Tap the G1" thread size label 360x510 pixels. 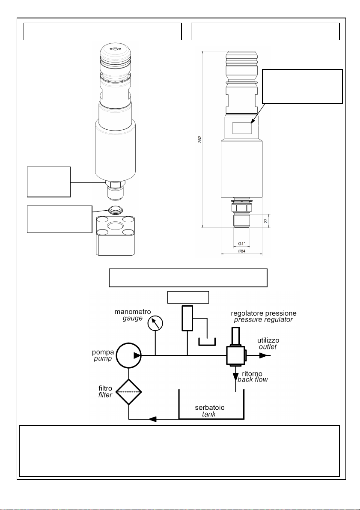click(x=242, y=244)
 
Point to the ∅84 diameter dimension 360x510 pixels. click(x=242, y=251)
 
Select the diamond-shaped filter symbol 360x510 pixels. click(x=129, y=392)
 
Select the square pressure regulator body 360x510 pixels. click(x=235, y=355)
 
